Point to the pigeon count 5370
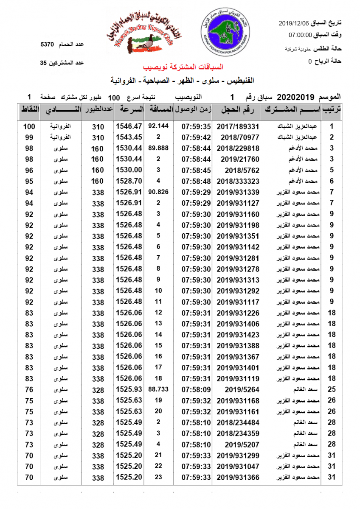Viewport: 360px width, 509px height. pyautogui.click(x=47, y=45)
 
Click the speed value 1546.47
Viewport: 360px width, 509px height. pyautogui.click(x=129, y=126)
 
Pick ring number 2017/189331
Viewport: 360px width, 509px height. pyautogui.click(x=238, y=126)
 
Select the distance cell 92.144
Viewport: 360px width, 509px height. pyautogui.click(x=158, y=126)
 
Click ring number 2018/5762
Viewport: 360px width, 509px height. pyautogui.click(x=238, y=170)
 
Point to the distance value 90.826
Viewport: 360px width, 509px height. pyautogui.click(x=158, y=192)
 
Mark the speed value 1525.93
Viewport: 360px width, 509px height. pyautogui.click(x=129, y=389)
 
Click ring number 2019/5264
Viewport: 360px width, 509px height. pyautogui.click(x=238, y=389)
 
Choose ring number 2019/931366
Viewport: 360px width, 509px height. pyautogui.click(x=238, y=477)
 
